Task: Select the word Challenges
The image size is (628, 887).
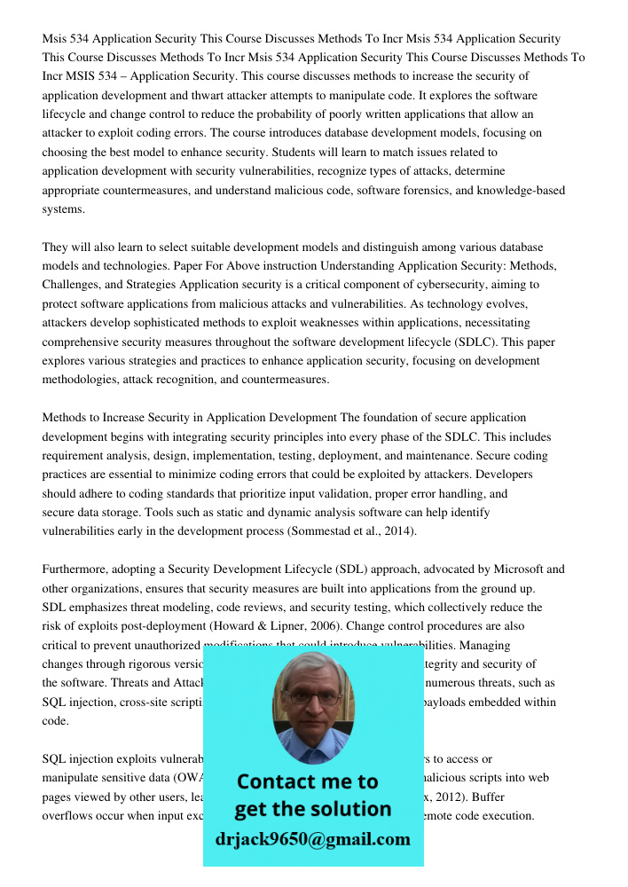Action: tap(71, 285)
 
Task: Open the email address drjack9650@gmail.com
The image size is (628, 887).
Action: tap(312, 839)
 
